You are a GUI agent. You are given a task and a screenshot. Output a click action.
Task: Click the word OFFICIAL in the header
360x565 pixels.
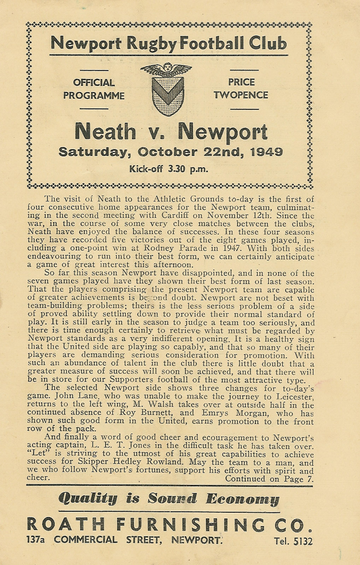[x=94, y=83]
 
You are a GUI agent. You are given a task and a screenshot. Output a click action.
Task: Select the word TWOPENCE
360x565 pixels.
[x=241, y=95]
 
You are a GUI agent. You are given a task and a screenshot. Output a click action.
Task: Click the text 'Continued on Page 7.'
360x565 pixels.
[x=270, y=479]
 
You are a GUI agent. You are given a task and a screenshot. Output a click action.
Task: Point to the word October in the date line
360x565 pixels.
[x=168, y=152]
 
